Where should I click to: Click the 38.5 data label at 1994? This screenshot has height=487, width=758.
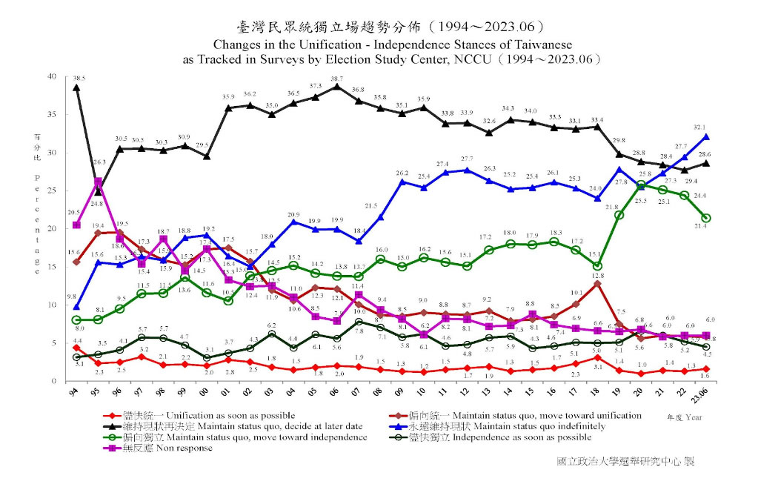[x=79, y=77]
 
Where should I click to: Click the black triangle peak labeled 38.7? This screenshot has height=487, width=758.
[x=337, y=87]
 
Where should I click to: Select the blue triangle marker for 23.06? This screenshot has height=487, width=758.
[x=706, y=136]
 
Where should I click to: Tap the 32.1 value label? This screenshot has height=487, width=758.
[x=709, y=127]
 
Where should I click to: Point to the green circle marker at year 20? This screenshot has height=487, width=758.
[x=641, y=185]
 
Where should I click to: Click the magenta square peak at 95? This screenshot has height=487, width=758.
[x=98, y=182]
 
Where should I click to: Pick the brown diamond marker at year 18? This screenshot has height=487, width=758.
[x=597, y=283]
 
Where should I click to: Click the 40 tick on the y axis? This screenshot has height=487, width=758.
[x=51, y=76]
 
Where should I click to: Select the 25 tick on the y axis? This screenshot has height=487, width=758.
[x=51, y=191]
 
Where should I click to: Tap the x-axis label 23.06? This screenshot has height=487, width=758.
[x=706, y=391]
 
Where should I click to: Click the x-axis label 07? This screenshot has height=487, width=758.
[x=359, y=391]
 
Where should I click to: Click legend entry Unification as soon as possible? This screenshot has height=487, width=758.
[x=222, y=415]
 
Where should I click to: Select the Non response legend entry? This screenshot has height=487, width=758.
[x=182, y=448]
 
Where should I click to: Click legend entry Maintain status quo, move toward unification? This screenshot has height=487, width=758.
[x=548, y=415]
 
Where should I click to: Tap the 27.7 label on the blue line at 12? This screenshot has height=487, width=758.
[x=467, y=159]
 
